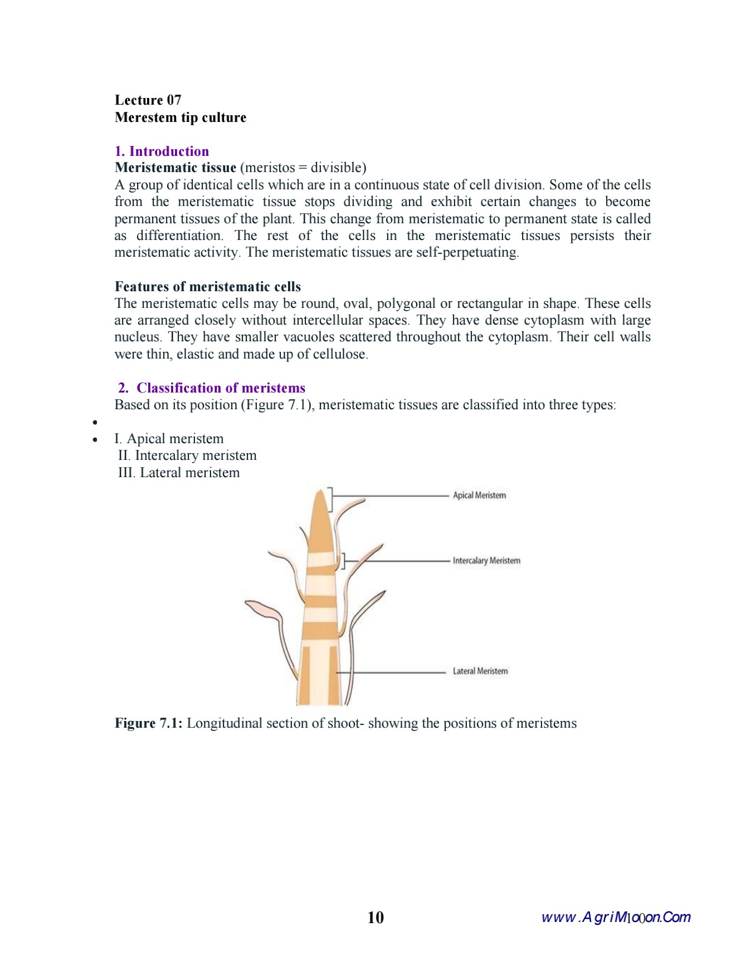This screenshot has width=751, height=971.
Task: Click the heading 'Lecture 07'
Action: coord(148,100)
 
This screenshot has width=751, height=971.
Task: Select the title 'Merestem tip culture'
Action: coord(180,117)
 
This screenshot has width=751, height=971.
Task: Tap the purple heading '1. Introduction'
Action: coord(162,151)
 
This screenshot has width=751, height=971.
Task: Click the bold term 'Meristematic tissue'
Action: coord(175,168)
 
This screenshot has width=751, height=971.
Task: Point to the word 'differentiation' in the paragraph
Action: coord(179,236)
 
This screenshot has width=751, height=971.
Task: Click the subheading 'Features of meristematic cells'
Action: coord(207,287)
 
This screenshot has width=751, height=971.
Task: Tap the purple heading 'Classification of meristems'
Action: coord(221,388)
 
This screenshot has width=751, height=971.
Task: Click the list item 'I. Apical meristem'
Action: coord(169,439)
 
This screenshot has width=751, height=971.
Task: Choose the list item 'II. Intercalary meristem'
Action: coord(187,455)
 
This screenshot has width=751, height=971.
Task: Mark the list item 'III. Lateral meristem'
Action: coord(179,473)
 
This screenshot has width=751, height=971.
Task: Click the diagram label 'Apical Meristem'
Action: coord(479,495)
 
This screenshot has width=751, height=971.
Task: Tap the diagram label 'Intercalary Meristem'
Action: coord(486,561)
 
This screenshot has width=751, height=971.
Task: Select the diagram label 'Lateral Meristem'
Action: coord(480,671)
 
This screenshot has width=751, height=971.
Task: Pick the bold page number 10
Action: coord(375,918)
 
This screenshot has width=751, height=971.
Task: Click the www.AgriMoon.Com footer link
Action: coord(616,917)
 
